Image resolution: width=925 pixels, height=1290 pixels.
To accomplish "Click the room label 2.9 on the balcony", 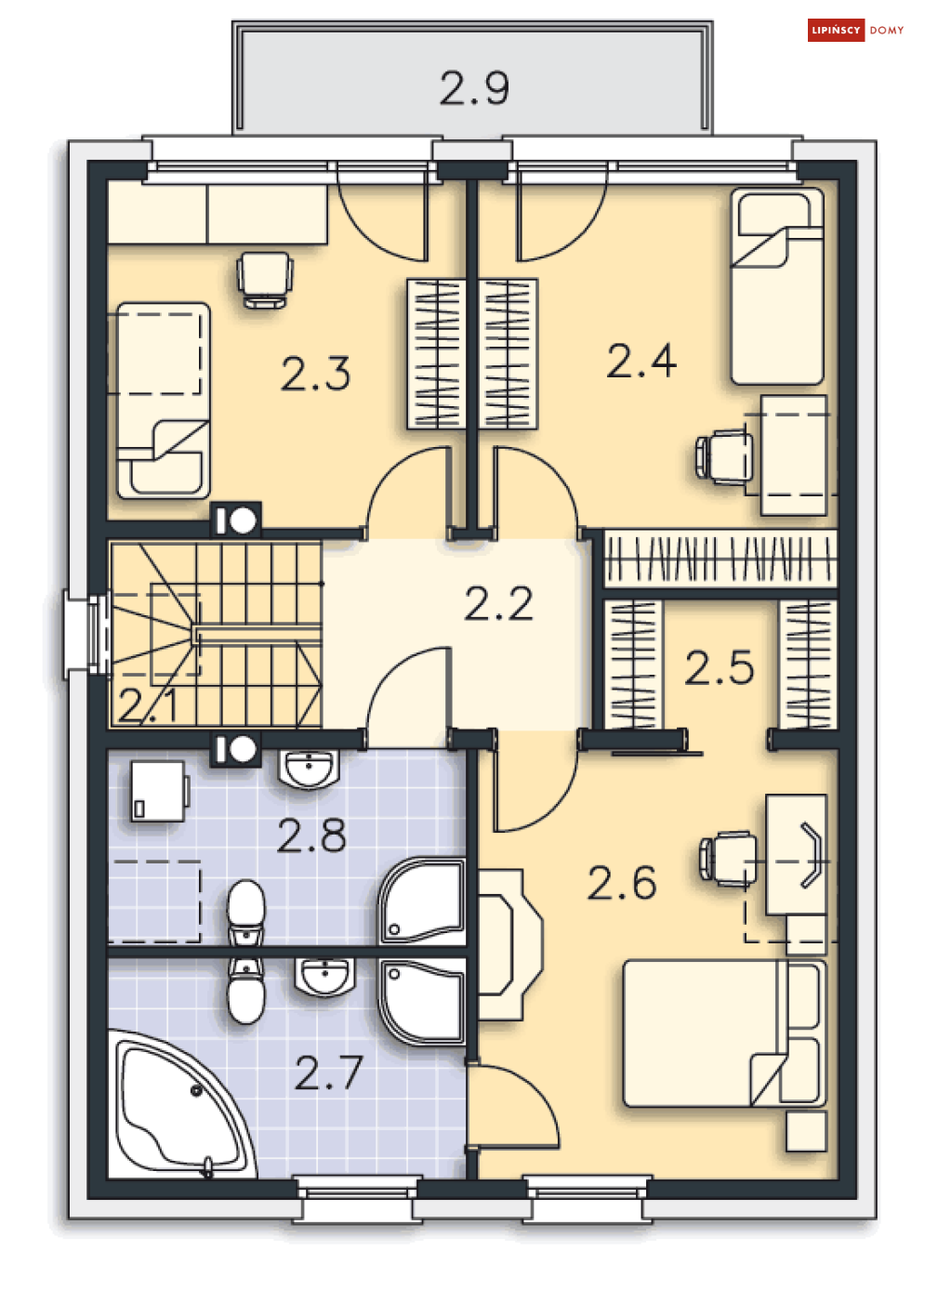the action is tap(474, 88).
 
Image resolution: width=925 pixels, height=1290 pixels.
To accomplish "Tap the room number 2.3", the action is tap(315, 374).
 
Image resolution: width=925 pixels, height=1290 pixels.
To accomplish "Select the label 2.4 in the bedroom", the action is tap(641, 362).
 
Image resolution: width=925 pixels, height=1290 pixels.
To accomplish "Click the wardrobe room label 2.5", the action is tap(719, 667).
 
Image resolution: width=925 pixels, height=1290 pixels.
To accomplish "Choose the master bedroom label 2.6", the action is tap(621, 882).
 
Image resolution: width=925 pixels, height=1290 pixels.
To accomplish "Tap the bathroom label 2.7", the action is tap(328, 1073).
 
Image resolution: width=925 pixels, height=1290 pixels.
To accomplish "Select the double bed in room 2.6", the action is tap(724, 1033).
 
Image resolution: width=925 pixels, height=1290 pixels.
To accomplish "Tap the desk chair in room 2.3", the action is tap(264, 280).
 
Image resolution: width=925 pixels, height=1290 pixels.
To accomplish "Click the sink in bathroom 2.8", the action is tap(309, 769).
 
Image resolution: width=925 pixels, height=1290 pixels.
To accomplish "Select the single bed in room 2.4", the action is tap(777, 286).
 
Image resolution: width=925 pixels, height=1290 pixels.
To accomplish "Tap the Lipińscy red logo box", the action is tap(836, 31).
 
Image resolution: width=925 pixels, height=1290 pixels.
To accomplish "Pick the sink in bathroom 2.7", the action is tap(324, 976).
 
